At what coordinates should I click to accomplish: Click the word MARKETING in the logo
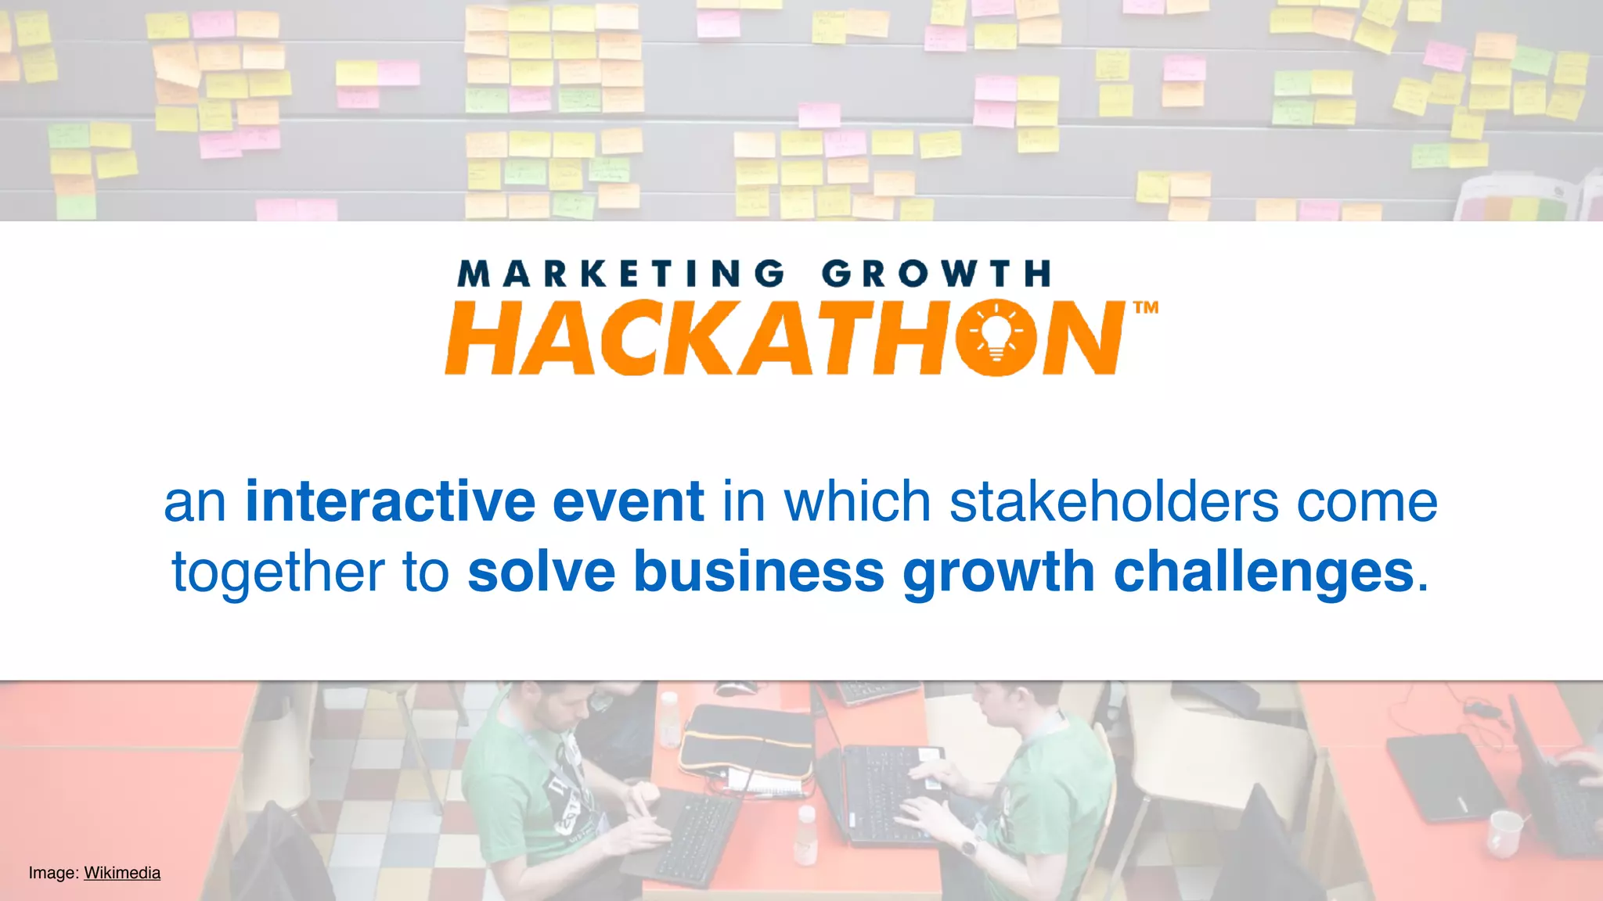pyautogui.click(x=621, y=275)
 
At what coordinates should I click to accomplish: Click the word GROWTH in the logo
pyautogui.click(x=935, y=275)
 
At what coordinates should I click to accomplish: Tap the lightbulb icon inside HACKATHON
pyautogui.click(x=996, y=337)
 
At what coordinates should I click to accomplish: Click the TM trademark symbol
pyautogui.click(x=1146, y=307)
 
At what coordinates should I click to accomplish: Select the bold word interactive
pyautogui.click(x=390, y=501)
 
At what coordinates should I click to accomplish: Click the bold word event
pyautogui.click(x=628, y=501)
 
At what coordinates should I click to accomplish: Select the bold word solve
pyautogui.click(x=542, y=572)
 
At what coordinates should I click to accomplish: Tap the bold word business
pyautogui.click(x=758, y=572)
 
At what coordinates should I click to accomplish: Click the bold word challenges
pyautogui.click(x=1263, y=572)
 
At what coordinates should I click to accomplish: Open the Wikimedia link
pyautogui.click(x=122, y=873)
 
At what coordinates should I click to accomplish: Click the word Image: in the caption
pyautogui.click(x=53, y=873)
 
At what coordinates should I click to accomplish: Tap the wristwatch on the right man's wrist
pyautogui.click(x=969, y=845)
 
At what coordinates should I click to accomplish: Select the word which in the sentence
pyautogui.click(x=857, y=501)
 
